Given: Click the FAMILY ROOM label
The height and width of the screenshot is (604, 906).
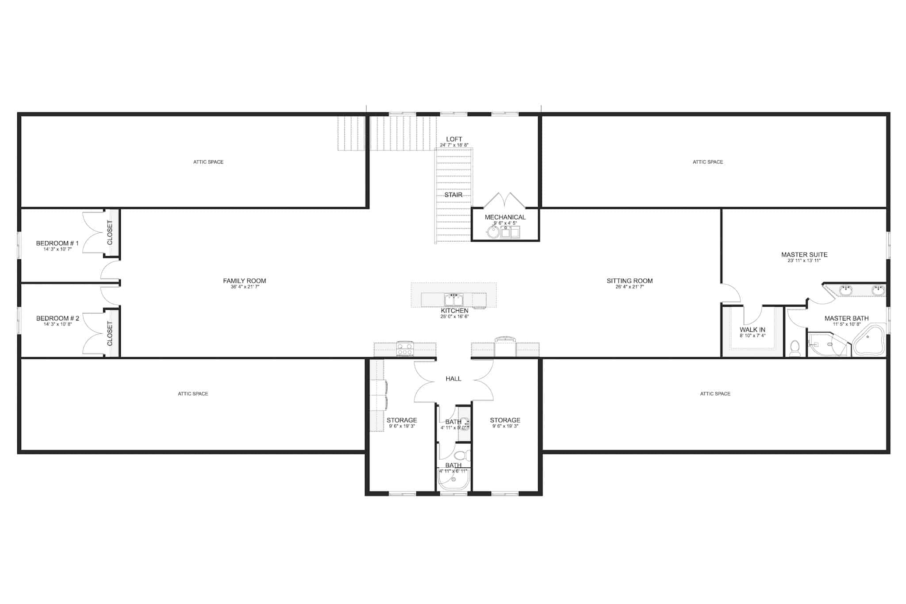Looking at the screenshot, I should click(x=244, y=281).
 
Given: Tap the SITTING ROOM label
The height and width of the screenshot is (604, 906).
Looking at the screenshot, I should click(x=630, y=281).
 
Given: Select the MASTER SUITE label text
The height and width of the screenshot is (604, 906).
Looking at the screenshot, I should click(x=804, y=254).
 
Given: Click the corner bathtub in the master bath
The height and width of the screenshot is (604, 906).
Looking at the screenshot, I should click(x=868, y=340).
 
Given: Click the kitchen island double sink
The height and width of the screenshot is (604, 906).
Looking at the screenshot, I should click(x=453, y=300).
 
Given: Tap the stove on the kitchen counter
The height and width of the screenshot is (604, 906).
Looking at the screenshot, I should click(x=405, y=349).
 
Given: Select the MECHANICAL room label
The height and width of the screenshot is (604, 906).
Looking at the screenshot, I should click(x=505, y=217).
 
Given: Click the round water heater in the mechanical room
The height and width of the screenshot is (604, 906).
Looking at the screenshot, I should click(x=492, y=232).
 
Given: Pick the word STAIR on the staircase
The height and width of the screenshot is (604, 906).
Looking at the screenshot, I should click(x=453, y=195).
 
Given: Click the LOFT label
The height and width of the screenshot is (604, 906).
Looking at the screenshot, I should click(x=454, y=139).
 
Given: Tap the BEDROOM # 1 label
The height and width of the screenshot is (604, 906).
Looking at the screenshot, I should click(x=57, y=243).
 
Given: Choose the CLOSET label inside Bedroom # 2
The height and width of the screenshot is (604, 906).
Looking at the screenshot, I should click(x=110, y=333).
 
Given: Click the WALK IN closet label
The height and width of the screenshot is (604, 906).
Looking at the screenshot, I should click(x=752, y=330).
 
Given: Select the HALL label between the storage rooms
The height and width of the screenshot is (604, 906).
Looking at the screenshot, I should click(x=453, y=378).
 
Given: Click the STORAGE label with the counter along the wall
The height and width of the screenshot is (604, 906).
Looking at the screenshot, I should click(x=401, y=420).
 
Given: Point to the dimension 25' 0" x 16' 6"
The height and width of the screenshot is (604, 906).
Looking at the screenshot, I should click(x=454, y=317).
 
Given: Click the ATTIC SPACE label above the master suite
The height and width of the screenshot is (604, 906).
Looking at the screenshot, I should click(x=707, y=162).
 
